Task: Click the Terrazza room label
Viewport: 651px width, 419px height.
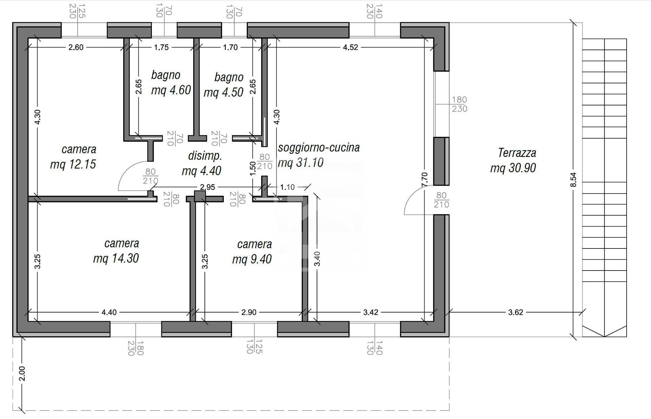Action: coord(517,153)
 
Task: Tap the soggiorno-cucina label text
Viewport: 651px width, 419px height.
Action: coord(319,148)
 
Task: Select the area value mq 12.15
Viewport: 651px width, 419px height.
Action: coord(73,164)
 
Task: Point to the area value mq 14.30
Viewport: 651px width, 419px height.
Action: coord(116,258)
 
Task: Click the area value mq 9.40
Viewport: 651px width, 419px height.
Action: coord(252,259)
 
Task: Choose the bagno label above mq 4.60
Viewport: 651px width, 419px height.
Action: coord(165,75)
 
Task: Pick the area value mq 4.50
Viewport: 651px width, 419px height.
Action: coord(223,92)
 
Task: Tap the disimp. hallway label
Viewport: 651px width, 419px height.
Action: coord(205,156)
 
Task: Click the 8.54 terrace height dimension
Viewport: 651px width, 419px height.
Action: coord(573,180)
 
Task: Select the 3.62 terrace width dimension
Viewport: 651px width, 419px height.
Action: coord(515,312)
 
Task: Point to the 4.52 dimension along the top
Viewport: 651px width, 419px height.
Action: coord(350,47)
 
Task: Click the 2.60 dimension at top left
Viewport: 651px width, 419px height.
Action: coord(76,47)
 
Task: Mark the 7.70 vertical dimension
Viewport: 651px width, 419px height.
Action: coord(425,179)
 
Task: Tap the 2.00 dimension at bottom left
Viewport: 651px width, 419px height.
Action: coord(22,374)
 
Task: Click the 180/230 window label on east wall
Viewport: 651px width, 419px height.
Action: coord(459,104)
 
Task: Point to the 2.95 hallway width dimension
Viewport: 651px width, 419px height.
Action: coord(207,187)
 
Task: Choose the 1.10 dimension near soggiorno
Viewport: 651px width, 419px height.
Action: coord(287,187)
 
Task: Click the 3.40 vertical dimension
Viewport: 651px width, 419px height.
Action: coord(317,259)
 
